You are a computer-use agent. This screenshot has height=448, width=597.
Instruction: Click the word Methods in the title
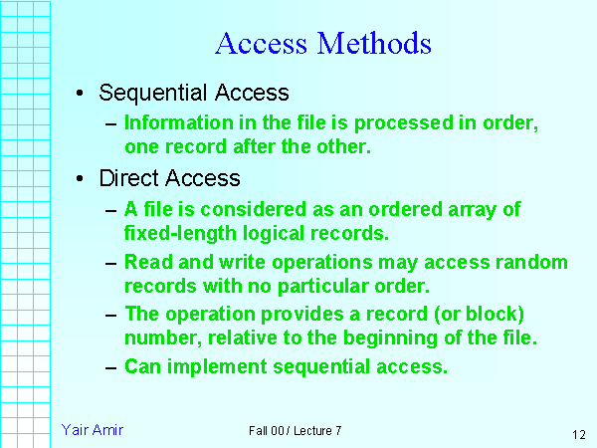click(374, 44)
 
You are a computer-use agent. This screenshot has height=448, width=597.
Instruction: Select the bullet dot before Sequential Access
click(79, 95)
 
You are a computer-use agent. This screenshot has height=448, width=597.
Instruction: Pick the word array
click(474, 210)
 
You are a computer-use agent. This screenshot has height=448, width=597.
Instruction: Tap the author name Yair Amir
click(92, 430)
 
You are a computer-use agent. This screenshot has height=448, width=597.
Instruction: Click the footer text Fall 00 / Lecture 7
click(296, 431)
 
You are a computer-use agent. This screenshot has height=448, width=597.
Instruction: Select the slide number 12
click(579, 435)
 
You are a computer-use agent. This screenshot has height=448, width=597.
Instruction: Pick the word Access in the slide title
click(261, 44)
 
